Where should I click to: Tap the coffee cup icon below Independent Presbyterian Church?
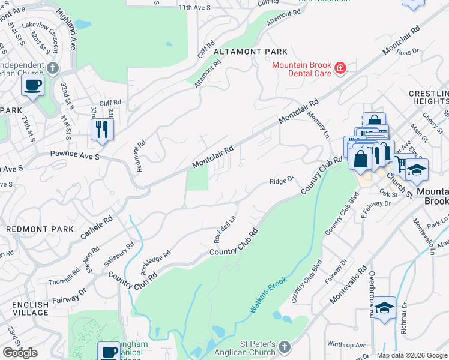pyautogui.click(x=32, y=85)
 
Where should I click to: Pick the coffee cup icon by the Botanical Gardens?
pyautogui.click(x=109, y=351)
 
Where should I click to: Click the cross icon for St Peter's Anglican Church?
pyautogui.click(x=285, y=346)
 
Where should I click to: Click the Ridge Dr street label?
pyautogui.click(x=280, y=181)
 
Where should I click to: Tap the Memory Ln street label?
pyautogui.click(x=319, y=122)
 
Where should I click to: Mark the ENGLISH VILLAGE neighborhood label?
pyautogui.click(x=30, y=309)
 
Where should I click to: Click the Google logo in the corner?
pyautogui.click(x=20, y=353)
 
